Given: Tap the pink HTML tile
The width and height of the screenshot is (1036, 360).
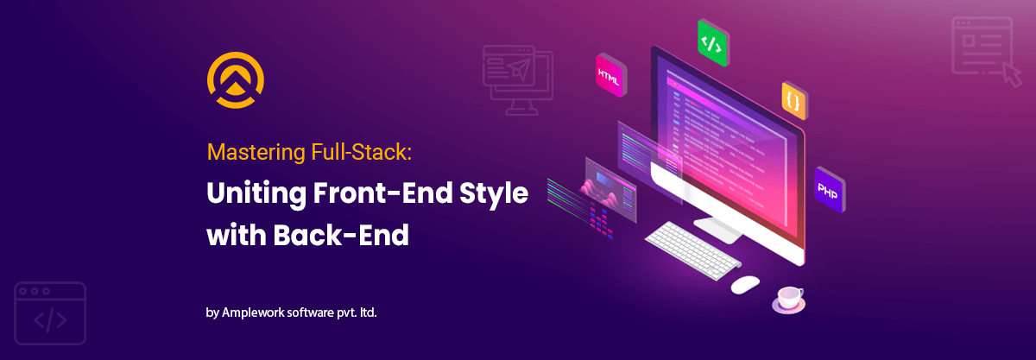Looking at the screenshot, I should (610, 74).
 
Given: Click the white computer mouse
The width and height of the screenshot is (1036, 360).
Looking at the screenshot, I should (744, 283).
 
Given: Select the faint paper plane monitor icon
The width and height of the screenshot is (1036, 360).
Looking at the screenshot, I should (515, 77).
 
